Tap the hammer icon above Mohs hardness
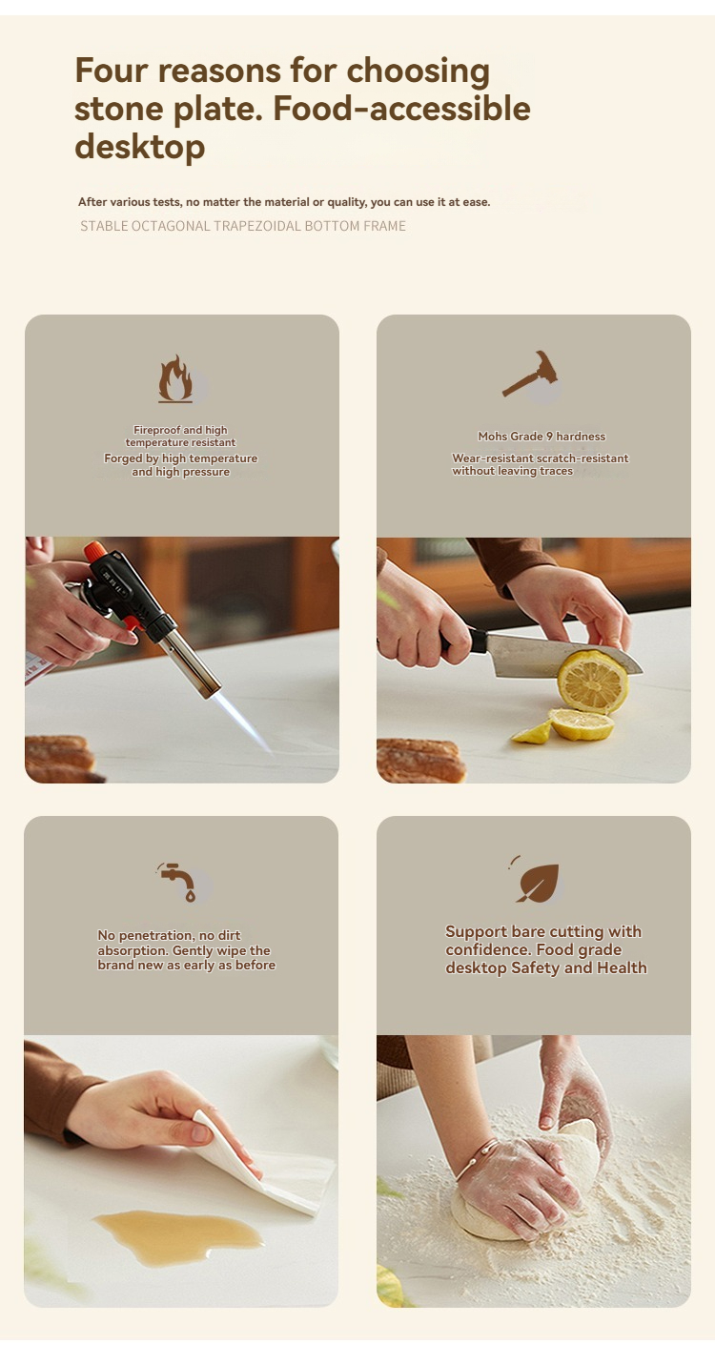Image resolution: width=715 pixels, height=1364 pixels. [x=530, y=374]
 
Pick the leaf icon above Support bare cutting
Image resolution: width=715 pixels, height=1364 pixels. [x=537, y=881]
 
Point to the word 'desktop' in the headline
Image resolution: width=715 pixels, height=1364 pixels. [x=139, y=147]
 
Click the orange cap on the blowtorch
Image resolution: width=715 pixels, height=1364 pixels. [x=95, y=552]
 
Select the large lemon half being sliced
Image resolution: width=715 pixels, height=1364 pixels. [x=592, y=681]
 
